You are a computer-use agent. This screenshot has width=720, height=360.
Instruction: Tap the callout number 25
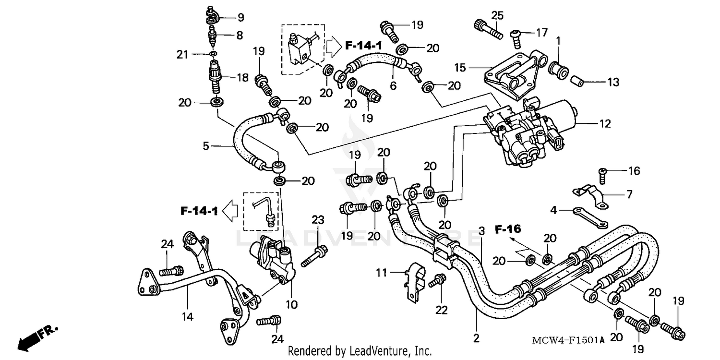coord(497,15)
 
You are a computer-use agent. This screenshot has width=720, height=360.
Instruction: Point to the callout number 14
coord(187,316)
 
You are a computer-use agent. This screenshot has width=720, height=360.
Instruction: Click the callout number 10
coord(292,304)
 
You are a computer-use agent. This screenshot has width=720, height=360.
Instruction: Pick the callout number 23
coord(318,220)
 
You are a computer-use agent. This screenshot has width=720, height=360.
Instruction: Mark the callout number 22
coord(441,311)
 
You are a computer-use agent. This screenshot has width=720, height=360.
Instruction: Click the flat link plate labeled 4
coord(589,217)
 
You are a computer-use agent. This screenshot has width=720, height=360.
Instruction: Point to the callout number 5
coord(206,145)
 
